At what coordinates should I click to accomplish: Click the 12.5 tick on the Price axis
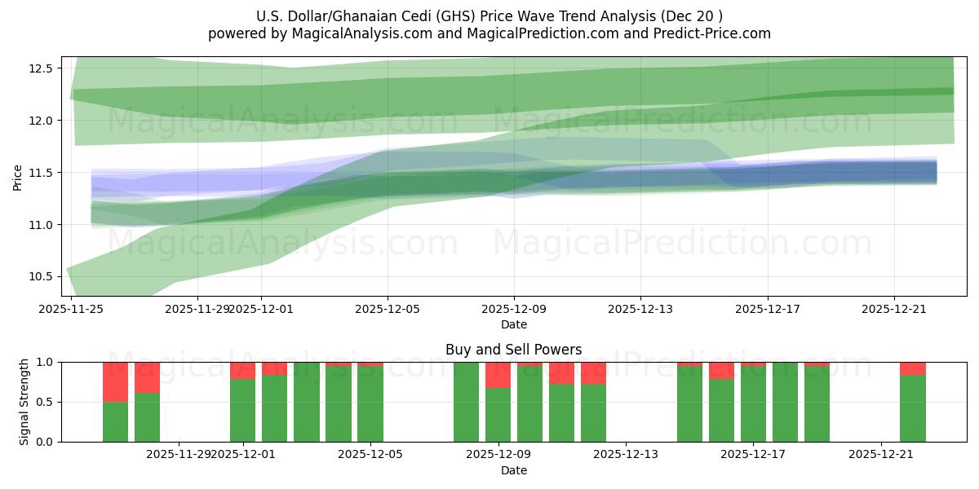click(x=40, y=68)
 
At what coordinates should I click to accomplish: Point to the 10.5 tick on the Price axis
click(x=40, y=277)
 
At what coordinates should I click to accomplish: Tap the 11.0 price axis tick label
click(x=40, y=225)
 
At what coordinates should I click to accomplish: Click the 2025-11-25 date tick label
click(x=72, y=310)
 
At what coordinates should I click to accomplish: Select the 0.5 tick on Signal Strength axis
click(x=46, y=402)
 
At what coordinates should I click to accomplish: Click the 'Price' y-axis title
click(x=17, y=177)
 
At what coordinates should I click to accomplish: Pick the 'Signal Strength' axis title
click(x=24, y=402)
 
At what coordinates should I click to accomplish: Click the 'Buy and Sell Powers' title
click(x=513, y=350)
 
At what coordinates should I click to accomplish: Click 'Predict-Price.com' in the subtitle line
click(x=714, y=33)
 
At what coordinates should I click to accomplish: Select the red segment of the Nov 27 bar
click(x=115, y=381)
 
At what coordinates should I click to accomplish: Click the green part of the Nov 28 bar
click(x=147, y=417)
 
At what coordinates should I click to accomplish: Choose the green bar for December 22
click(x=912, y=407)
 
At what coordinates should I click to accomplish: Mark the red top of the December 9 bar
click(x=498, y=375)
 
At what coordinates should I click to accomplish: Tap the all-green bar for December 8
click(x=466, y=402)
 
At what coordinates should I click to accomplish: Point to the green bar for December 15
click(x=689, y=403)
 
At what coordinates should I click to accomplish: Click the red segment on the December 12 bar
click(x=593, y=372)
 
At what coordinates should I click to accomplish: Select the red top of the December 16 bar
click(x=721, y=371)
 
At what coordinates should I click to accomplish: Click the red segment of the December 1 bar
click(x=242, y=371)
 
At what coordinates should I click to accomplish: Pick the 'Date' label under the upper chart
click(x=513, y=324)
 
